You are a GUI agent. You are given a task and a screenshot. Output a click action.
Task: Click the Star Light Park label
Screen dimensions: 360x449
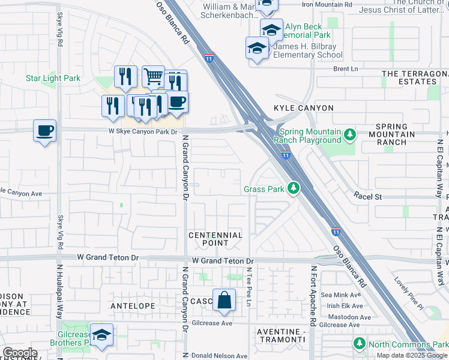tap(53, 79)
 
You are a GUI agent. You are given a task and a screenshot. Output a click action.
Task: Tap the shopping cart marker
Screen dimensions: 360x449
tap(154, 76)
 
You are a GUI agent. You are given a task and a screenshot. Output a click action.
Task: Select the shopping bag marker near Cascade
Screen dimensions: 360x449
tap(224, 301)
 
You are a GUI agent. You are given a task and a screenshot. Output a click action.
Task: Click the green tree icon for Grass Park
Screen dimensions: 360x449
tap(294, 189)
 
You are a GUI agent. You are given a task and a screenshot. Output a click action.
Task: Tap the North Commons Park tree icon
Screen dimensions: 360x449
tap(359, 344)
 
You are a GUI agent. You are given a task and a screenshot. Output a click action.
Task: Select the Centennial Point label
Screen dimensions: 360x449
tap(215, 239)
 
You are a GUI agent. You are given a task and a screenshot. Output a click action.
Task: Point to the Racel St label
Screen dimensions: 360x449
tap(368, 196)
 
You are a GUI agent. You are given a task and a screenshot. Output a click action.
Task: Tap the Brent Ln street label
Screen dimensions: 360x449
tap(345, 69)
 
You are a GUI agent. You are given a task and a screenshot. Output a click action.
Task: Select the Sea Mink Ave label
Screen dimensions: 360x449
tap(341, 295)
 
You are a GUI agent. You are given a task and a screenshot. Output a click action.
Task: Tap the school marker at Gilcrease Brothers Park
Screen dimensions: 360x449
tap(102, 335)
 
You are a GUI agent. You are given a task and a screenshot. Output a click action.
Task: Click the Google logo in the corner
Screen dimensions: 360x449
tap(20, 353)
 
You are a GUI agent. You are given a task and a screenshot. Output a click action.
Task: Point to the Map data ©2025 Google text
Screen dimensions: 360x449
tap(411, 355)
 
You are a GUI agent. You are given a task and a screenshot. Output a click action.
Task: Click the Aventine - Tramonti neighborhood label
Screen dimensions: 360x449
tap(282, 336)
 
